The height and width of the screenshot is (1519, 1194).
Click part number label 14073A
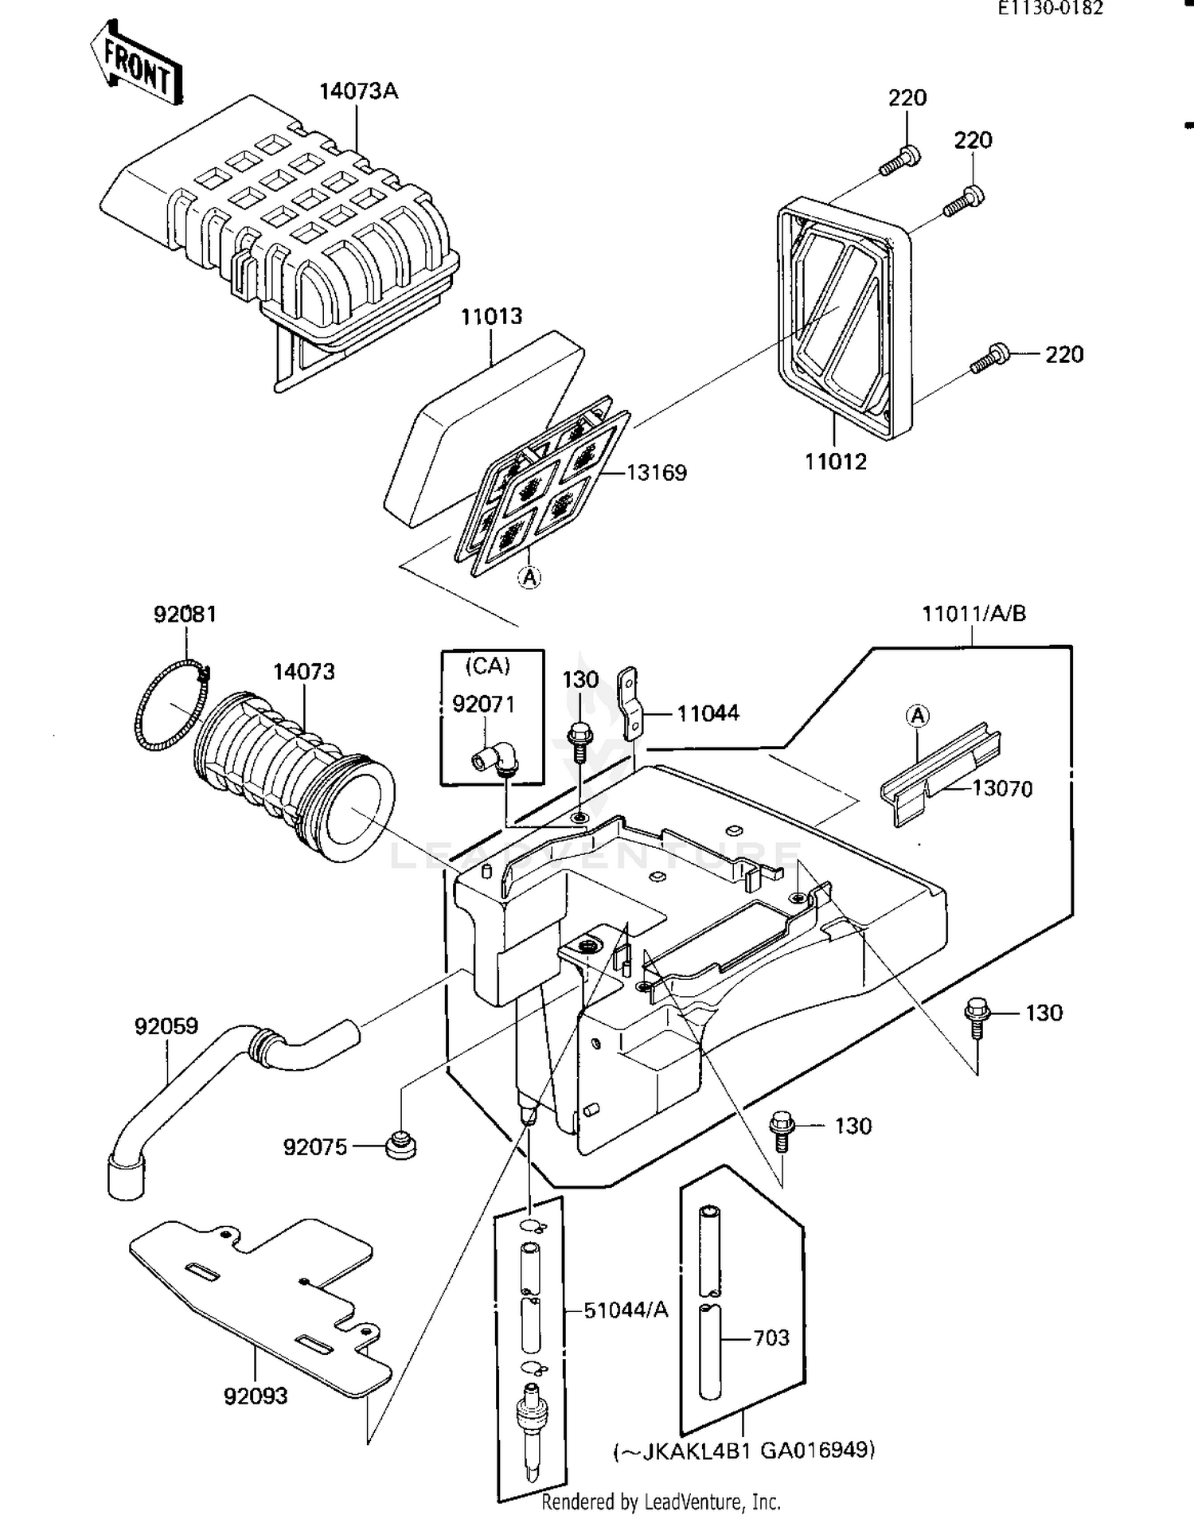point(358,91)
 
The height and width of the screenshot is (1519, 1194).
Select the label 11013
point(491,316)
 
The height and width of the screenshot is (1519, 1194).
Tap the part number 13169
point(656,472)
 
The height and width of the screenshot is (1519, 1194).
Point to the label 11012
point(835,461)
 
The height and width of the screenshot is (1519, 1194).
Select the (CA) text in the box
point(487,666)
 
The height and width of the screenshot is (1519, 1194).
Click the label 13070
point(1002,788)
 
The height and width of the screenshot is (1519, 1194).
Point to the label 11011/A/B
point(974,614)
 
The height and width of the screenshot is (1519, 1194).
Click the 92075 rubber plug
point(401,1145)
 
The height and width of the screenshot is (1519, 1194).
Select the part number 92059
point(166,1026)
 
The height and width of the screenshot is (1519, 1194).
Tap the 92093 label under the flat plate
point(255,1418)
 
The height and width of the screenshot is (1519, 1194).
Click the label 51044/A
point(626,1310)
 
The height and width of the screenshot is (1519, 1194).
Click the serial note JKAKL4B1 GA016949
point(744,1450)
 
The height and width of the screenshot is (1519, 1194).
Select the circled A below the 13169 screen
point(529,577)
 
